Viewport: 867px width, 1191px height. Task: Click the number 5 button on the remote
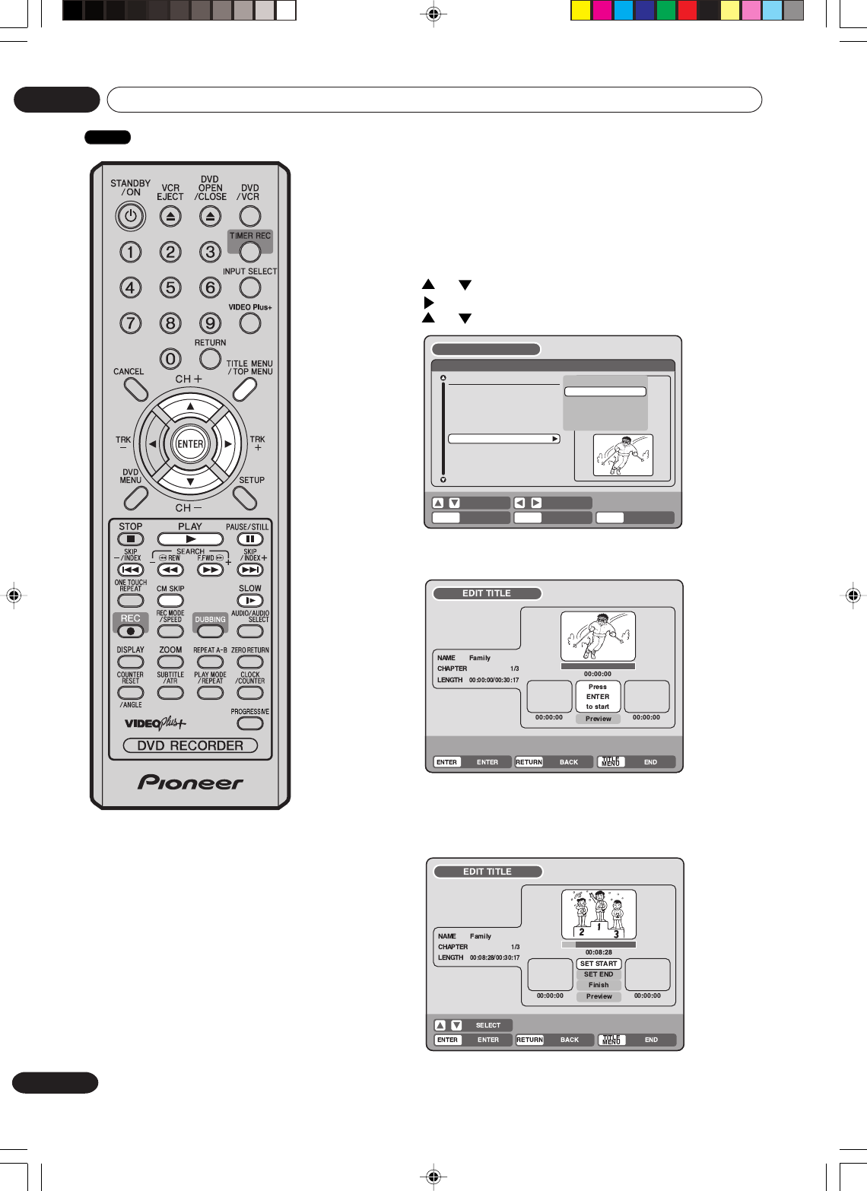click(x=170, y=287)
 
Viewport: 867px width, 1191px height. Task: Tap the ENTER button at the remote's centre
click(x=190, y=444)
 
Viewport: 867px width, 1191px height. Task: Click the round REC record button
click(x=131, y=630)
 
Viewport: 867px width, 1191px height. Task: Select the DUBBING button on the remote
click(x=210, y=630)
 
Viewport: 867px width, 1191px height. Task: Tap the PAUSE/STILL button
click(x=249, y=539)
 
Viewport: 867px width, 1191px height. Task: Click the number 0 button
click(x=170, y=358)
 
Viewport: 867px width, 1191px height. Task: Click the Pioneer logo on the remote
click(x=190, y=783)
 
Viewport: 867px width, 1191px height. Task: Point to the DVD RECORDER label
click(x=190, y=746)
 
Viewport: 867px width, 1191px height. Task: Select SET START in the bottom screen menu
click(x=599, y=964)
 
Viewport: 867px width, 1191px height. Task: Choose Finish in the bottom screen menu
click(x=599, y=985)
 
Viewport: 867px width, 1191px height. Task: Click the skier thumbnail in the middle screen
click(x=598, y=637)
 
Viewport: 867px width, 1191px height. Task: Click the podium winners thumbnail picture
click(x=599, y=915)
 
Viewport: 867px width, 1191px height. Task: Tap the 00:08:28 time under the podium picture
click(x=599, y=952)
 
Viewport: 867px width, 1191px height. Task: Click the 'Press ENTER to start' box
click(x=598, y=697)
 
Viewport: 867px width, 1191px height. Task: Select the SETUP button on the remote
click(x=245, y=497)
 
